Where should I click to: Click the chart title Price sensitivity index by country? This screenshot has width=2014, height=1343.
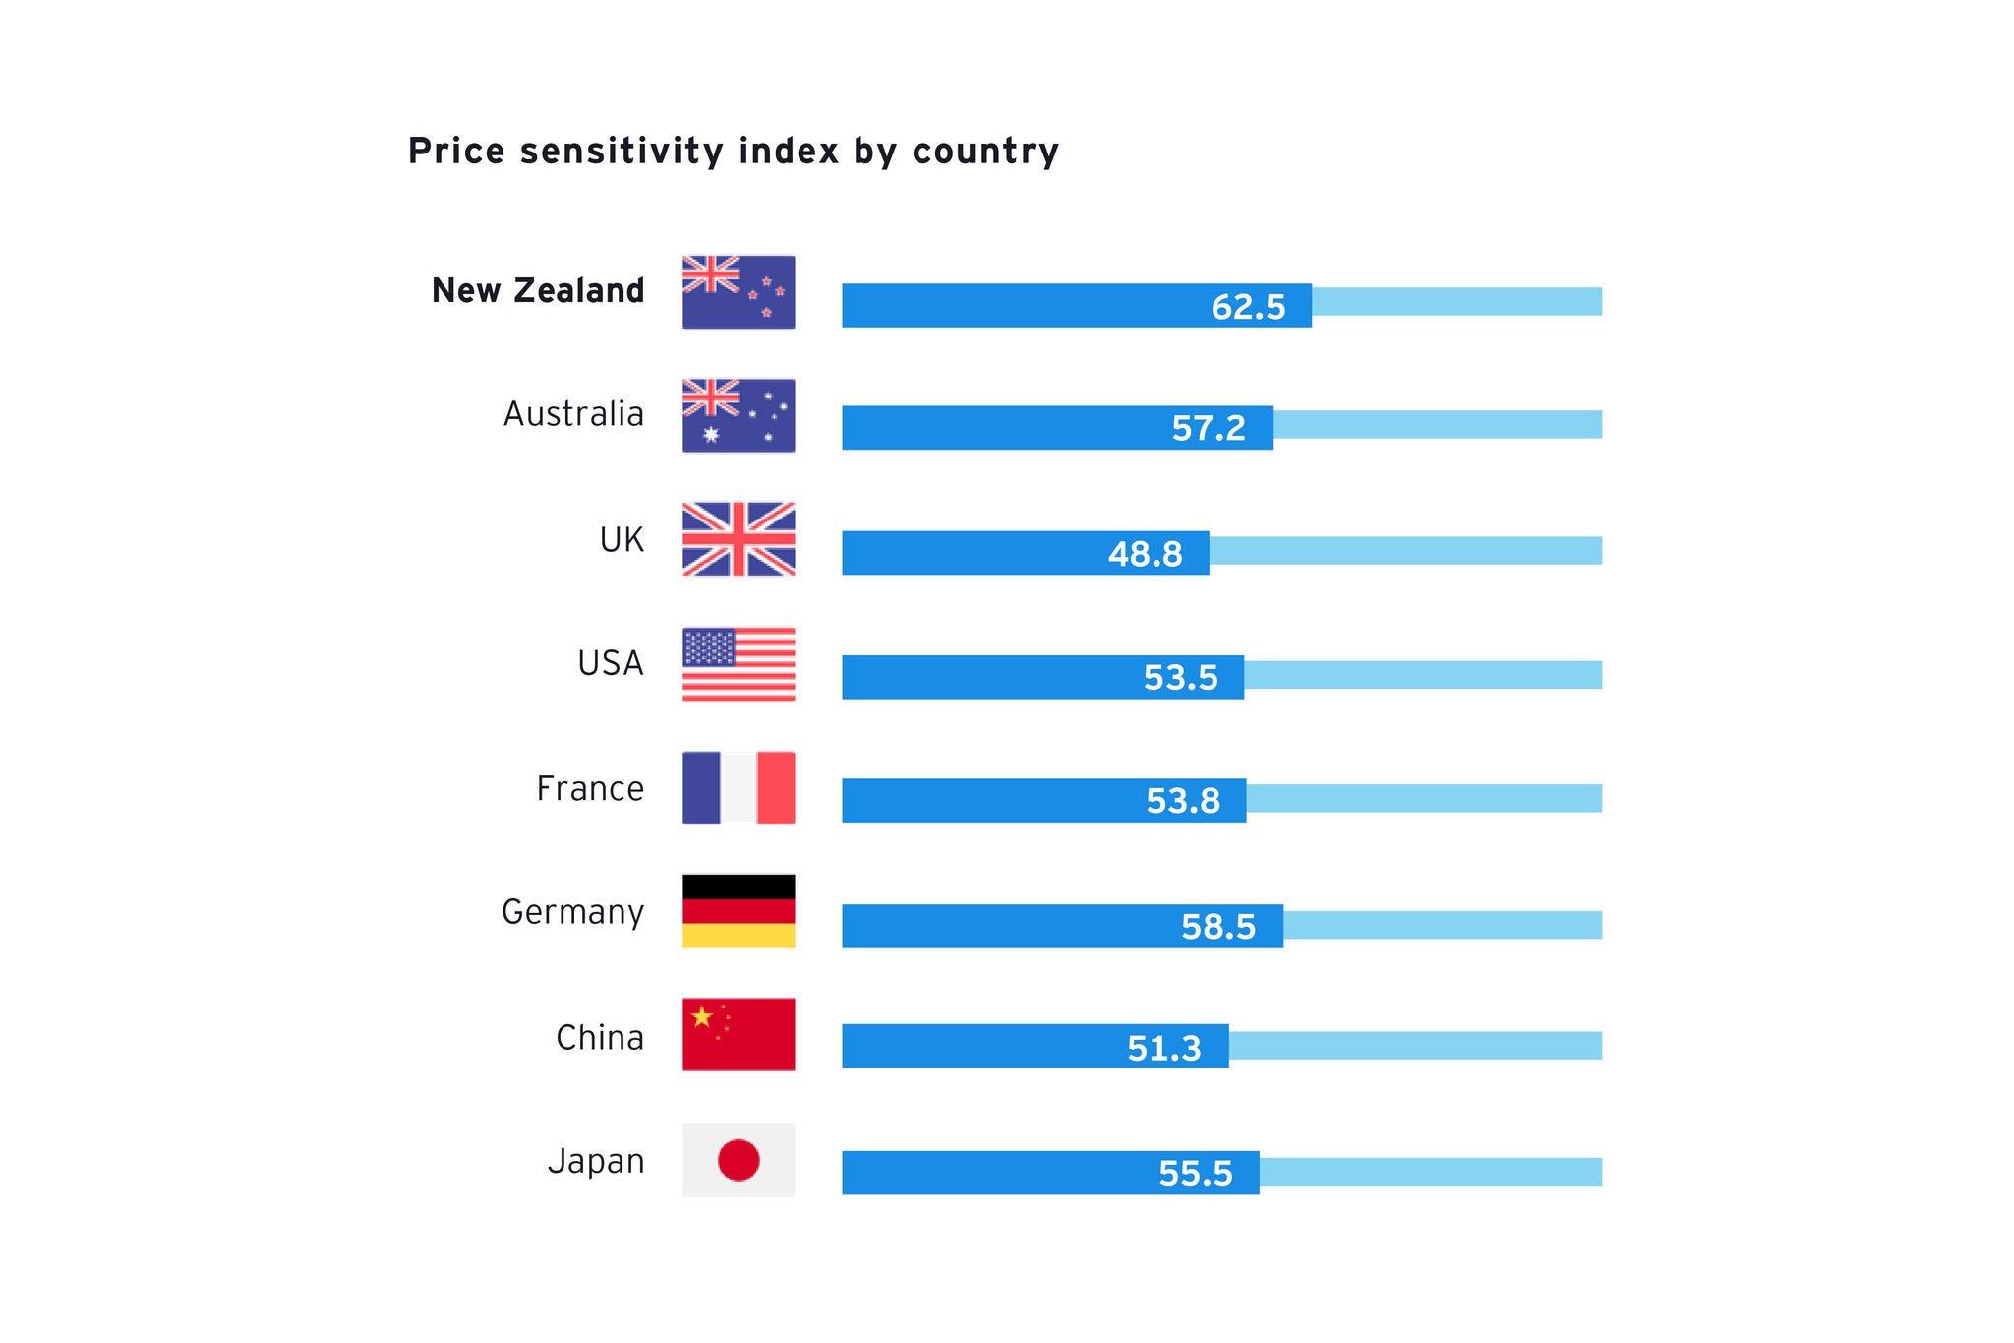(734, 152)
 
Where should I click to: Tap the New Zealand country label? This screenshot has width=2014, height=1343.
(538, 291)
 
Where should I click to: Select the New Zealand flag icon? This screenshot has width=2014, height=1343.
(739, 292)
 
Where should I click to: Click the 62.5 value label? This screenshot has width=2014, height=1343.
(1248, 307)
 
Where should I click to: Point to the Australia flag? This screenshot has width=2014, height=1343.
(739, 415)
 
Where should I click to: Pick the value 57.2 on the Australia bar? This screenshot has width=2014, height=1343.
(1209, 428)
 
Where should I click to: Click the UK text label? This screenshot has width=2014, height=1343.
(622, 540)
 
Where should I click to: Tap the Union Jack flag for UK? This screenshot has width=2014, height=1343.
(739, 539)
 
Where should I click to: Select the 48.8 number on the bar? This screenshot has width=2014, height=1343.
(1145, 554)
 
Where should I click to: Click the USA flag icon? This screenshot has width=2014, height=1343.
(739, 664)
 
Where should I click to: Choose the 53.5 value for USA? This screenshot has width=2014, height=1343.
(1180, 678)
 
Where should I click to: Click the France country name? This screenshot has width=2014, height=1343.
(590, 789)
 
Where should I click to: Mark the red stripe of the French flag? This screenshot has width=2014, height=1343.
(776, 788)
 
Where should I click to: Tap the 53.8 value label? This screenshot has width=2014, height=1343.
(1183, 801)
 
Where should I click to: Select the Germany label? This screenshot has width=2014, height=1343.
(572, 912)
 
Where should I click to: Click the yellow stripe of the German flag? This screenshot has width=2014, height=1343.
(739, 936)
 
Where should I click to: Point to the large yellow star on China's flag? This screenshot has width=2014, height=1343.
(702, 1017)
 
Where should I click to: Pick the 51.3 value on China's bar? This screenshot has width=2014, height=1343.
(1164, 1049)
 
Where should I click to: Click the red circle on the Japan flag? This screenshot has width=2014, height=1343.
(739, 1160)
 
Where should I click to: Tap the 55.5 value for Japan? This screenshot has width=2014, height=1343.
(1195, 1174)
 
